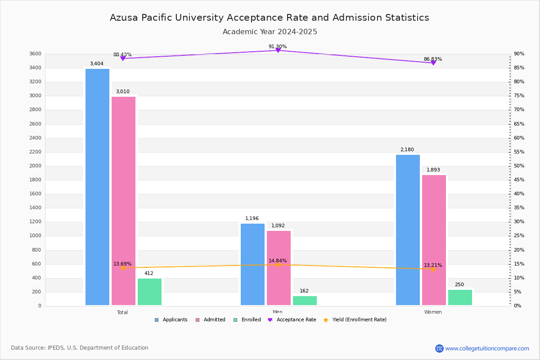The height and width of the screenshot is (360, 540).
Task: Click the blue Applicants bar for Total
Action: pos(97,187)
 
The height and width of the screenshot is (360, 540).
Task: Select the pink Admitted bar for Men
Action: pos(279,268)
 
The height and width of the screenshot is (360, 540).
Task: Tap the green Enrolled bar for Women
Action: pos(460,297)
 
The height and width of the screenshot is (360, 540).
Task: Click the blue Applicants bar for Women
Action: pos(408,230)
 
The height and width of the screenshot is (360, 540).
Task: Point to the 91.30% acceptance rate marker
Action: pos(278,50)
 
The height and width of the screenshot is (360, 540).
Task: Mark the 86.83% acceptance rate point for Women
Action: pos(433,63)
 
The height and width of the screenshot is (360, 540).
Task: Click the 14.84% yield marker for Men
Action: pos(278,265)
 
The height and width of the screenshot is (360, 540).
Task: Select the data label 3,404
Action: pos(97,64)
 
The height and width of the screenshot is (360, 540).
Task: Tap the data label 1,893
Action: pos(433,170)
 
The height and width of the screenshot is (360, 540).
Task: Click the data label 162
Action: pos(304,291)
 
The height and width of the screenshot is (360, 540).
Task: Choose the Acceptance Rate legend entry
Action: pos(292,320)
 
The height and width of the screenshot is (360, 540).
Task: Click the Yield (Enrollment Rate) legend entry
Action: pos(355,320)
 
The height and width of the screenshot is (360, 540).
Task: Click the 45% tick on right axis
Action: pos(519,180)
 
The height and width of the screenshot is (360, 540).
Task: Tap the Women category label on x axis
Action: pos(433,312)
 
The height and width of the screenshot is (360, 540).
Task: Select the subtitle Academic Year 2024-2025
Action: pos(270,32)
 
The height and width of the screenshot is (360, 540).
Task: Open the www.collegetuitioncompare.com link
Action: pos(487,348)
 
